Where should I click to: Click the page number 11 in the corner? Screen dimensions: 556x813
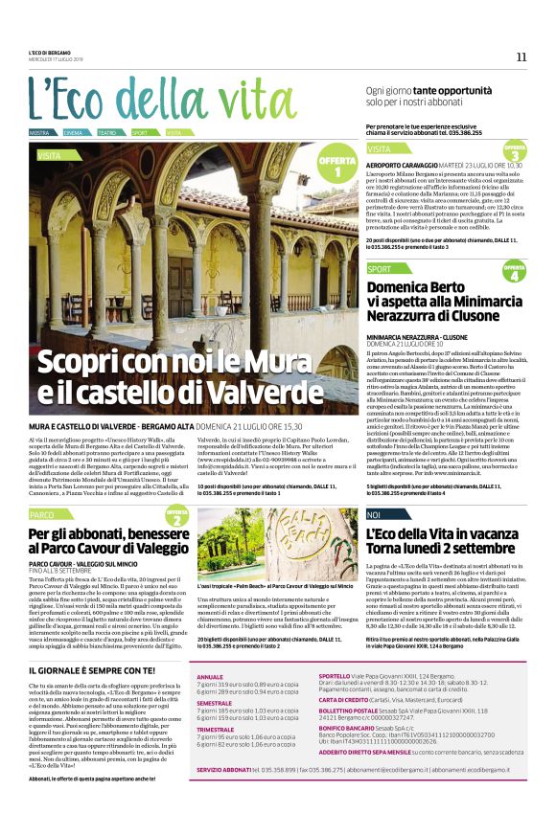[521, 56]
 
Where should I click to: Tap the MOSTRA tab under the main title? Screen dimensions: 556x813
[40, 132]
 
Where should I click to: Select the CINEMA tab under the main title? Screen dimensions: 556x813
[74, 132]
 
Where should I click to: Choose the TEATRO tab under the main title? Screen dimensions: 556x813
[107, 132]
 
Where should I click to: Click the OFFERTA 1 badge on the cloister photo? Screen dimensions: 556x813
[336, 167]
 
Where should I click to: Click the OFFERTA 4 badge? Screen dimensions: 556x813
[515, 272]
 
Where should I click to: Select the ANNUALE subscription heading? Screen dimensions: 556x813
[209, 650]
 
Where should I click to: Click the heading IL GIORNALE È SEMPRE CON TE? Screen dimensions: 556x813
[89, 644]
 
